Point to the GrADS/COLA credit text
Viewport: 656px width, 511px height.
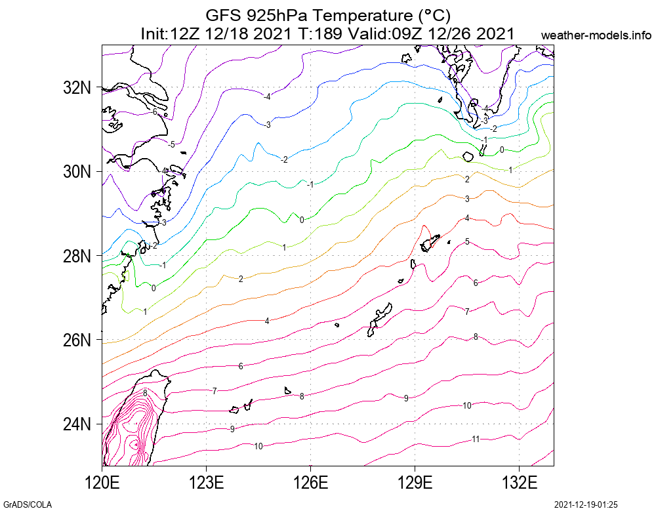(27, 504)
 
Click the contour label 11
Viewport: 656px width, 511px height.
(476, 439)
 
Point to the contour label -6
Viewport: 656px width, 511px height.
(154, 112)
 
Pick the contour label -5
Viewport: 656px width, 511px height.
(171, 144)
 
